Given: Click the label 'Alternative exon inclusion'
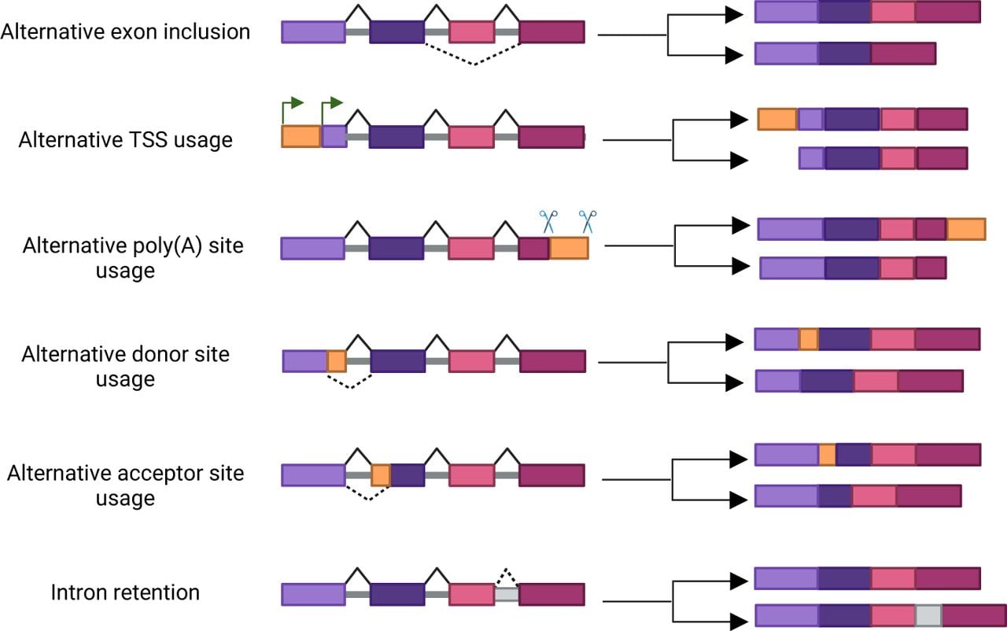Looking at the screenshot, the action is (x=125, y=32).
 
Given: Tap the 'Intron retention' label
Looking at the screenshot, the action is (x=125, y=592).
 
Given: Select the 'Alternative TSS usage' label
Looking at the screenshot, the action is (x=125, y=140).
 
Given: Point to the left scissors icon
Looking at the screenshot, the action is (x=548, y=222).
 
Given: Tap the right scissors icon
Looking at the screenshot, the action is (x=588, y=222).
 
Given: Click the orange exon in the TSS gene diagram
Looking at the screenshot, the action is (x=301, y=136).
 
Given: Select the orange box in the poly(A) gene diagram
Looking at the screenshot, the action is (x=569, y=248).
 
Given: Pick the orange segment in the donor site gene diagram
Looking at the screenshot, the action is (x=337, y=361).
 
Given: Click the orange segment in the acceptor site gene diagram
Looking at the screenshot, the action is (x=381, y=475).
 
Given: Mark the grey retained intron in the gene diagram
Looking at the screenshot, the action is (x=507, y=594).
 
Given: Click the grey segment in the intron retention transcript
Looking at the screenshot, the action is (x=929, y=615).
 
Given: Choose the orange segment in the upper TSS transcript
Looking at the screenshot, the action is (x=778, y=119).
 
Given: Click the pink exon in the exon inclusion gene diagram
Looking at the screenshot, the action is (x=472, y=32).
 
